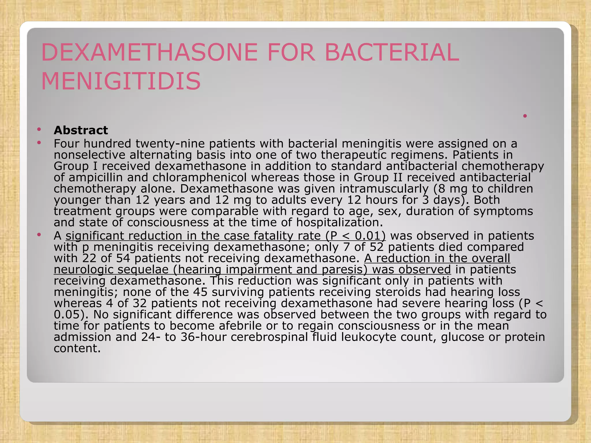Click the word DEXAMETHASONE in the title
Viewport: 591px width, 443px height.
(x=149, y=52)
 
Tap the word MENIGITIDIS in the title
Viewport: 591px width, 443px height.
(x=121, y=81)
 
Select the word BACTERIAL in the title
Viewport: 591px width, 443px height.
(x=392, y=52)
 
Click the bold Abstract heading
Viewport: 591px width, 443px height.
(x=81, y=130)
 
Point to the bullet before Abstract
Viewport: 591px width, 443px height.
(x=39, y=129)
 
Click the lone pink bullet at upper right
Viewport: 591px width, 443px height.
(x=525, y=116)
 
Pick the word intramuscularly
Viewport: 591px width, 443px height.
(x=384, y=189)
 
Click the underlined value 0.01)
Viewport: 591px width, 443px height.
(x=370, y=236)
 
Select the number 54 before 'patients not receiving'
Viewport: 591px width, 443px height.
(x=123, y=258)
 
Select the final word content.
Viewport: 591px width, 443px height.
(x=77, y=348)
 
